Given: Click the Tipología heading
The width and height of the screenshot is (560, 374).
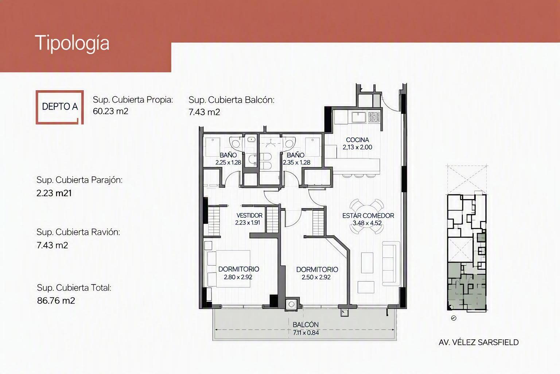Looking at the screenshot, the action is click(72, 43).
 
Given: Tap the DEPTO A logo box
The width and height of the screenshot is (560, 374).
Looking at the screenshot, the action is click(59, 107).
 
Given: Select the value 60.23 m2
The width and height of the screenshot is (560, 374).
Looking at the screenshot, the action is click(110, 111).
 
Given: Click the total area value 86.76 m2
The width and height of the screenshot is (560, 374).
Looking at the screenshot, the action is click(56, 300).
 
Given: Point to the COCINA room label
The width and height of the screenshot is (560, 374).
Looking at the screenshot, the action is click(357, 140).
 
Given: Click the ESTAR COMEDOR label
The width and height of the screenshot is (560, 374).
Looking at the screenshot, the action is click(368, 215).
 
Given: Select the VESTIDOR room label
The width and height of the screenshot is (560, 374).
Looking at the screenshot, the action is click(249, 215).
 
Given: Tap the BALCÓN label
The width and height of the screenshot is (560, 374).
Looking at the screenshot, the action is click(306, 325).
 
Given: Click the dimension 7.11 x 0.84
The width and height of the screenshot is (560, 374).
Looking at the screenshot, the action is click(306, 333).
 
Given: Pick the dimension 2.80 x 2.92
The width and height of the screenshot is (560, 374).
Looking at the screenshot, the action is click(238, 277).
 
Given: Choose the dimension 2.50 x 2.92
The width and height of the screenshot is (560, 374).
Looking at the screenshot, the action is click(316, 277).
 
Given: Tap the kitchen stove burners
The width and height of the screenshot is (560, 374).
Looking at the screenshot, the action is click(374, 117).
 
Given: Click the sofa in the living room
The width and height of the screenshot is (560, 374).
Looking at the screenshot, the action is click(391, 263).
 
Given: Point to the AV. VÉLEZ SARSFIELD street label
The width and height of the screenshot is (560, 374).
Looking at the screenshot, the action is click(478, 343).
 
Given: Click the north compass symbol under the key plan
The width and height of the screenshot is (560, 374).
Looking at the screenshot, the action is click(454, 318).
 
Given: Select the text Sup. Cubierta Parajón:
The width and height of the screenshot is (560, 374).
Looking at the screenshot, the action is click(79, 180).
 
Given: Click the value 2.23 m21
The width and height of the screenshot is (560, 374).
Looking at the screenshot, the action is click(54, 193).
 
